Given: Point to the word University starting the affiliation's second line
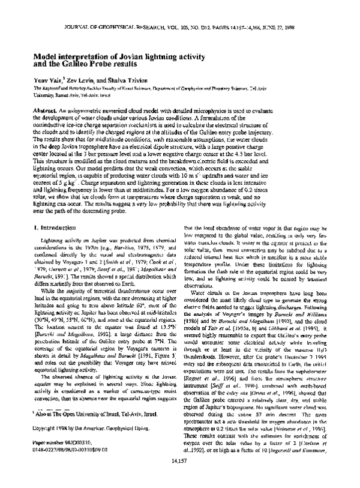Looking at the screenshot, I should coord(45,94).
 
